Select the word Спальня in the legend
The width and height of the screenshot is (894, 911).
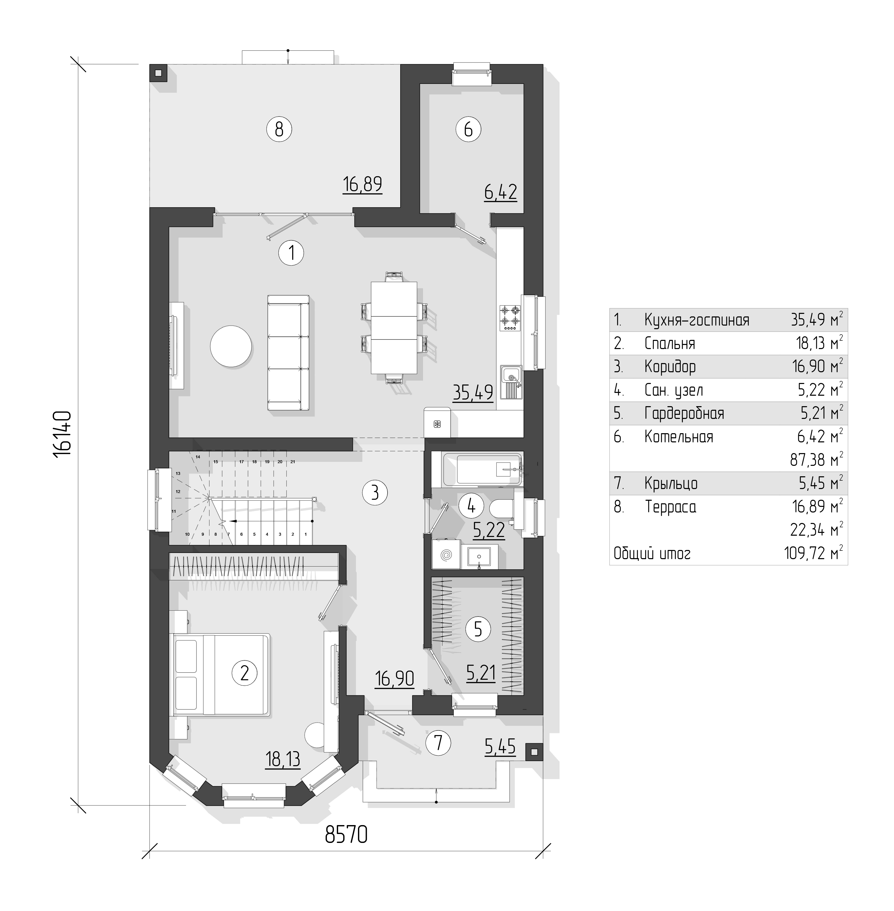click(x=670, y=343)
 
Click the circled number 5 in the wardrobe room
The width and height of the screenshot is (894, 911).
click(x=478, y=629)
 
